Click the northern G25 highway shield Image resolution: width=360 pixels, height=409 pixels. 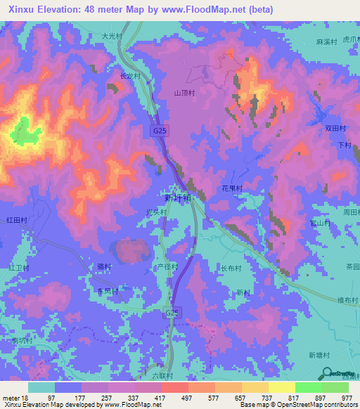pyautogui.click(x=160, y=131)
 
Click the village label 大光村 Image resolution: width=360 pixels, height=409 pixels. pyautogui.click(x=112, y=35)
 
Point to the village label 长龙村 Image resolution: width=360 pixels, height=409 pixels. pyautogui.click(x=131, y=76)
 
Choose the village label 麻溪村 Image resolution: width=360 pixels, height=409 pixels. pyautogui.click(x=327, y=42)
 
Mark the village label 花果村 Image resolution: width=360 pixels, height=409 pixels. pyautogui.click(x=232, y=189)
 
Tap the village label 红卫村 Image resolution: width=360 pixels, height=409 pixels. pyautogui.click(x=18, y=268)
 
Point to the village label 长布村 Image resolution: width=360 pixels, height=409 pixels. pyautogui.click(x=232, y=268)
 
